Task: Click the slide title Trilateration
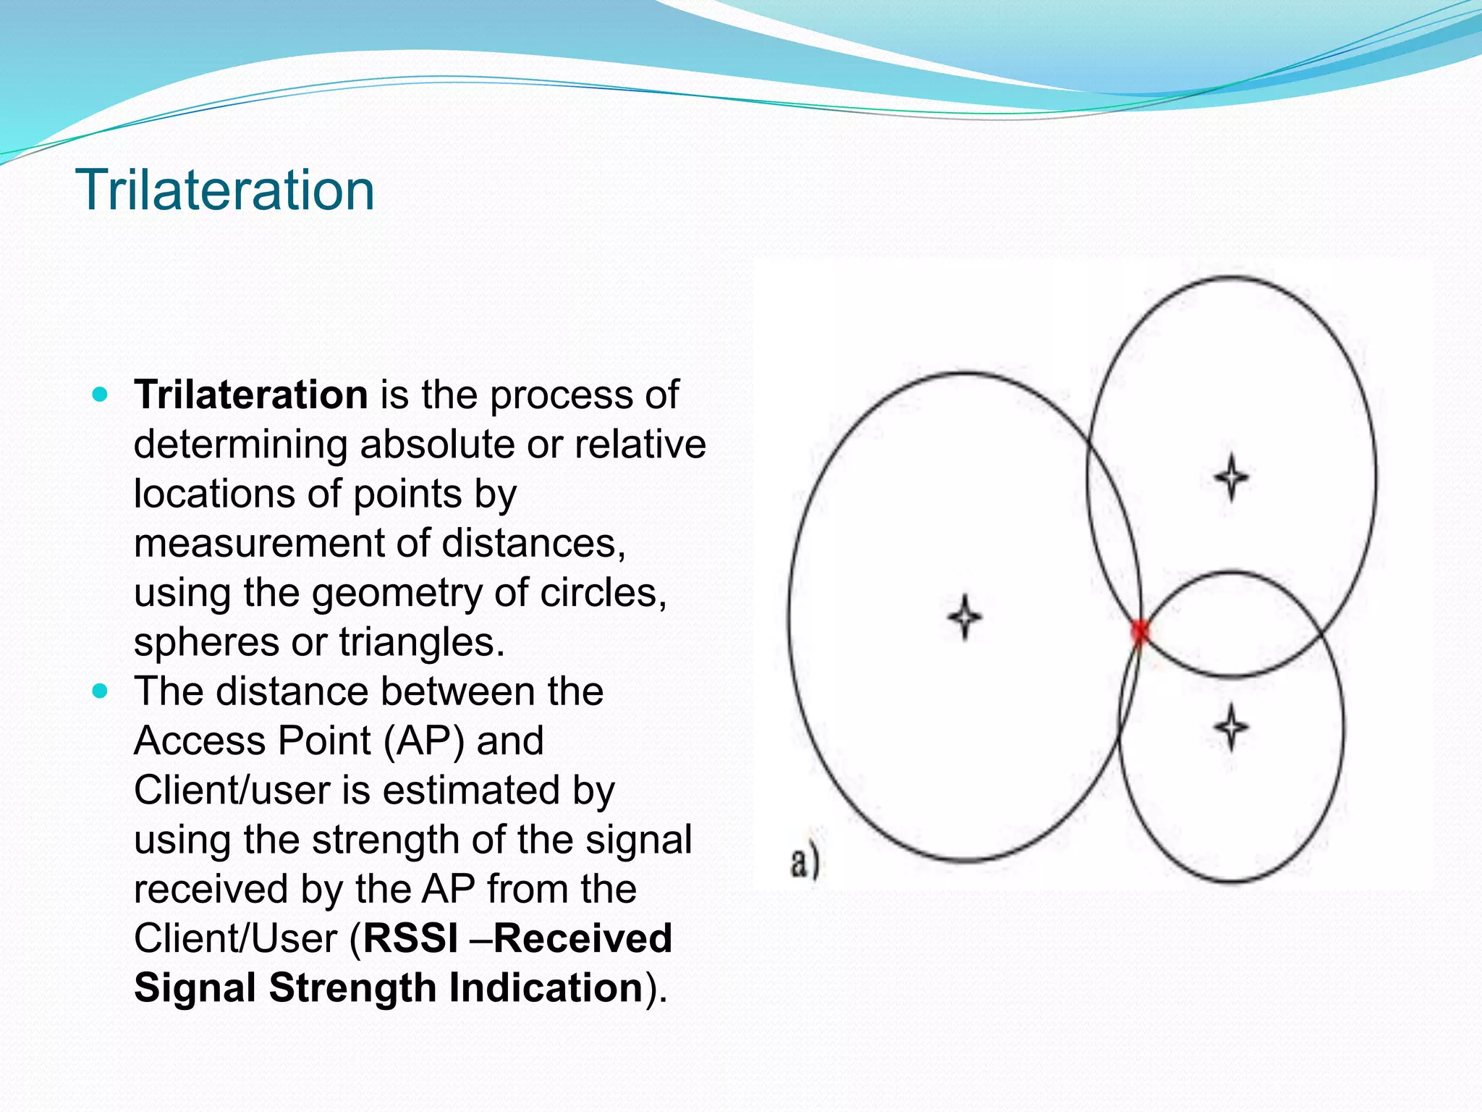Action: point(224,190)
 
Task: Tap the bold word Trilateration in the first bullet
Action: point(251,395)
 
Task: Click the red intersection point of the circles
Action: point(1140,631)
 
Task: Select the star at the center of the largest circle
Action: point(965,617)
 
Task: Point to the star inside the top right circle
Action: point(1231,477)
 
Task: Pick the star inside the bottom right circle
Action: point(1231,726)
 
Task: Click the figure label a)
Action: point(804,862)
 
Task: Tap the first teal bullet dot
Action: point(101,395)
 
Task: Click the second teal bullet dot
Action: point(101,691)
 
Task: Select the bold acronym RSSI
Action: point(410,938)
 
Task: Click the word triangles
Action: point(421,642)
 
